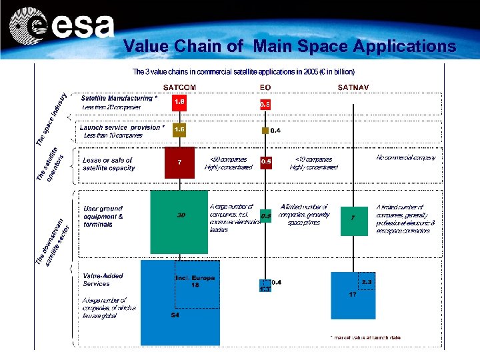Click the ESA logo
click(x=63, y=27)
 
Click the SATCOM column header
click(x=180, y=87)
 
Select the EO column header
click(x=265, y=87)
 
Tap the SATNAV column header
click(x=353, y=87)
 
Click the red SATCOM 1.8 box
click(x=179, y=103)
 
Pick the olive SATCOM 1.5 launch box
click(x=179, y=129)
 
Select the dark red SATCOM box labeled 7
click(x=179, y=162)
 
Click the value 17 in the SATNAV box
click(x=353, y=294)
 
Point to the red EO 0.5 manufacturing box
click(x=265, y=104)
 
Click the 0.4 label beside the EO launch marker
click(x=275, y=131)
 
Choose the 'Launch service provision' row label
click(x=120, y=127)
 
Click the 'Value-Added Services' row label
click(x=103, y=279)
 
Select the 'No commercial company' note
click(x=406, y=158)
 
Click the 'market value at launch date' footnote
click(x=367, y=338)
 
